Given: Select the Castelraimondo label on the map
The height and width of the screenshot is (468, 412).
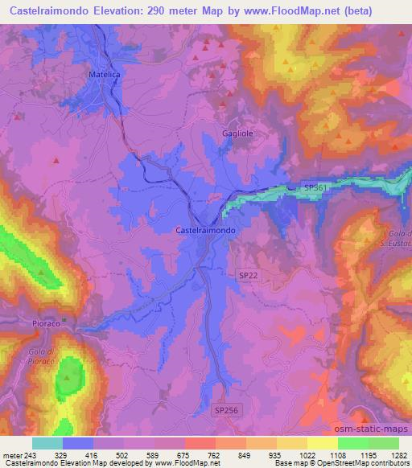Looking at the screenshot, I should click(205, 229).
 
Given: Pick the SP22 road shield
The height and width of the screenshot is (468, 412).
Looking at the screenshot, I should click(249, 275).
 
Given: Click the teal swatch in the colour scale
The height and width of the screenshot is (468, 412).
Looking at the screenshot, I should click(47, 443).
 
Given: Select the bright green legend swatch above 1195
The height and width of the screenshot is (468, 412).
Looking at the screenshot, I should click(353, 443).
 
